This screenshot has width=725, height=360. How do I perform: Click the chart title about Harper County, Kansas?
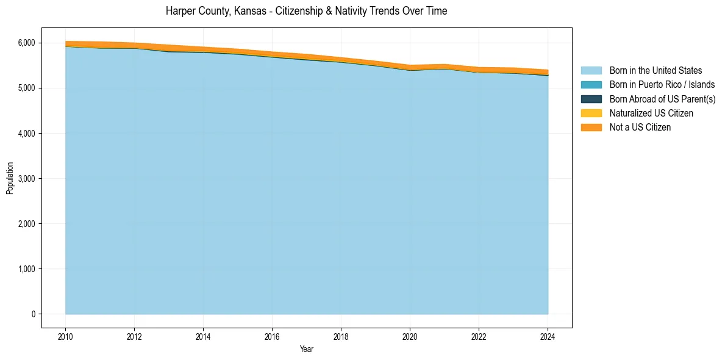[x=306, y=11]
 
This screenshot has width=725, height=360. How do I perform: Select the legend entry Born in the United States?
[x=655, y=71]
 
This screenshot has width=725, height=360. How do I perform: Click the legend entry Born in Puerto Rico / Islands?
[x=662, y=85]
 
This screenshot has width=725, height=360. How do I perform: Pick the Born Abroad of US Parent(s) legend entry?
[x=662, y=99]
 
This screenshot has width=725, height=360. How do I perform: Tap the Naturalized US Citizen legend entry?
[x=651, y=113]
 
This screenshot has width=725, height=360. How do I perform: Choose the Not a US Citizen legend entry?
[x=640, y=127]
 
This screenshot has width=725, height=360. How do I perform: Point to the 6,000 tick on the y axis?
[x=26, y=43]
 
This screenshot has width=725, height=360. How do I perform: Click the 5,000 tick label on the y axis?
[x=26, y=88]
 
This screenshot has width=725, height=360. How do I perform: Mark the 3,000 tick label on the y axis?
[x=26, y=178]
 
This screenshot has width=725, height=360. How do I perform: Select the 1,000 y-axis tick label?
[x=26, y=268]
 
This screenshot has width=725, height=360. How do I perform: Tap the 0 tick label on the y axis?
[x=33, y=314]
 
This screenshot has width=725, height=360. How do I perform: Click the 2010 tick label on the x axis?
[x=65, y=336]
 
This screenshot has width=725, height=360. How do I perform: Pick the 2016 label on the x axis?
[x=272, y=336]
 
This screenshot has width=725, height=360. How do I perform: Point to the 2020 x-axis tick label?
[x=410, y=336]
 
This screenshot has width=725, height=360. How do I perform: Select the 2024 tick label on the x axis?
[x=548, y=336]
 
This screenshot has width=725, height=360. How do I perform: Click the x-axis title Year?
[x=307, y=349]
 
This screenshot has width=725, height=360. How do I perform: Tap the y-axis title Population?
[x=10, y=178]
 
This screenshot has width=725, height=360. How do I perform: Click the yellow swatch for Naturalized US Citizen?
[x=591, y=113]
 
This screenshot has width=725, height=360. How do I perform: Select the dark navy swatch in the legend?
[x=591, y=99]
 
